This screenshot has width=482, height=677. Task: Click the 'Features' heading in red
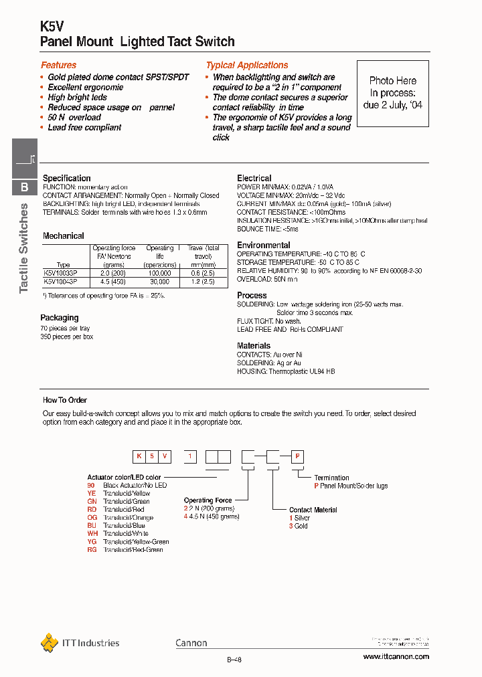(x=59, y=65)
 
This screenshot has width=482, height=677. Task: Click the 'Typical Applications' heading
(x=247, y=65)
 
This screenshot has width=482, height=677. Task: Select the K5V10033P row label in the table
(x=61, y=273)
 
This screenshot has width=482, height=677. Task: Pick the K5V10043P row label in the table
(x=61, y=282)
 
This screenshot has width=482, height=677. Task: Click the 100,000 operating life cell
(x=159, y=273)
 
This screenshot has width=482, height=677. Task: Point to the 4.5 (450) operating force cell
(x=111, y=282)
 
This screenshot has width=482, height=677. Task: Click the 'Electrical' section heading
(x=254, y=178)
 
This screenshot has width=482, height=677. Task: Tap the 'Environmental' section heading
(x=264, y=246)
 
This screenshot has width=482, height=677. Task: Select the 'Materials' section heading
(x=254, y=346)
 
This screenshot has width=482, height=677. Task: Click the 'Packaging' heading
(x=60, y=318)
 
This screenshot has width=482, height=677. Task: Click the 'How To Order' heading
(x=65, y=400)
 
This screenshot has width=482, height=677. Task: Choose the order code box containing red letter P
(x=299, y=458)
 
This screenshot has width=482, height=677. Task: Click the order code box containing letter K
(x=139, y=458)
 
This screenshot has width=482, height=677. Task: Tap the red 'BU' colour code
(x=92, y=526)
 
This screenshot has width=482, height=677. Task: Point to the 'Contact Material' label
(x=313, y=510)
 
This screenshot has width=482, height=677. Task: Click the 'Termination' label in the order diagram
(x=332, y=478)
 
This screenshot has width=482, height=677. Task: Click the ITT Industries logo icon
(x=50, y=643)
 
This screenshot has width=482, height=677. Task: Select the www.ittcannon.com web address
(x=396, y=657)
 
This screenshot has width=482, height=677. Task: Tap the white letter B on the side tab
(x=24, y=187)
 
